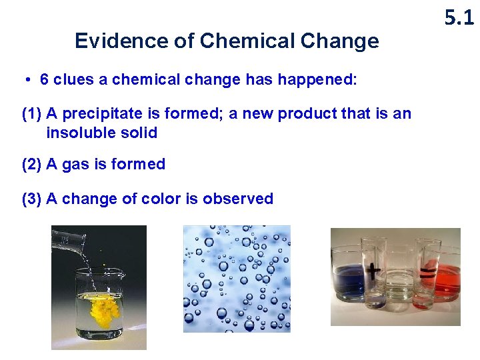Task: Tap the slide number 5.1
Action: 459,18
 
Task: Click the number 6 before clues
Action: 45,80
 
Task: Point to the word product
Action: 307,114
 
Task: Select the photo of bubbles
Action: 237,278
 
